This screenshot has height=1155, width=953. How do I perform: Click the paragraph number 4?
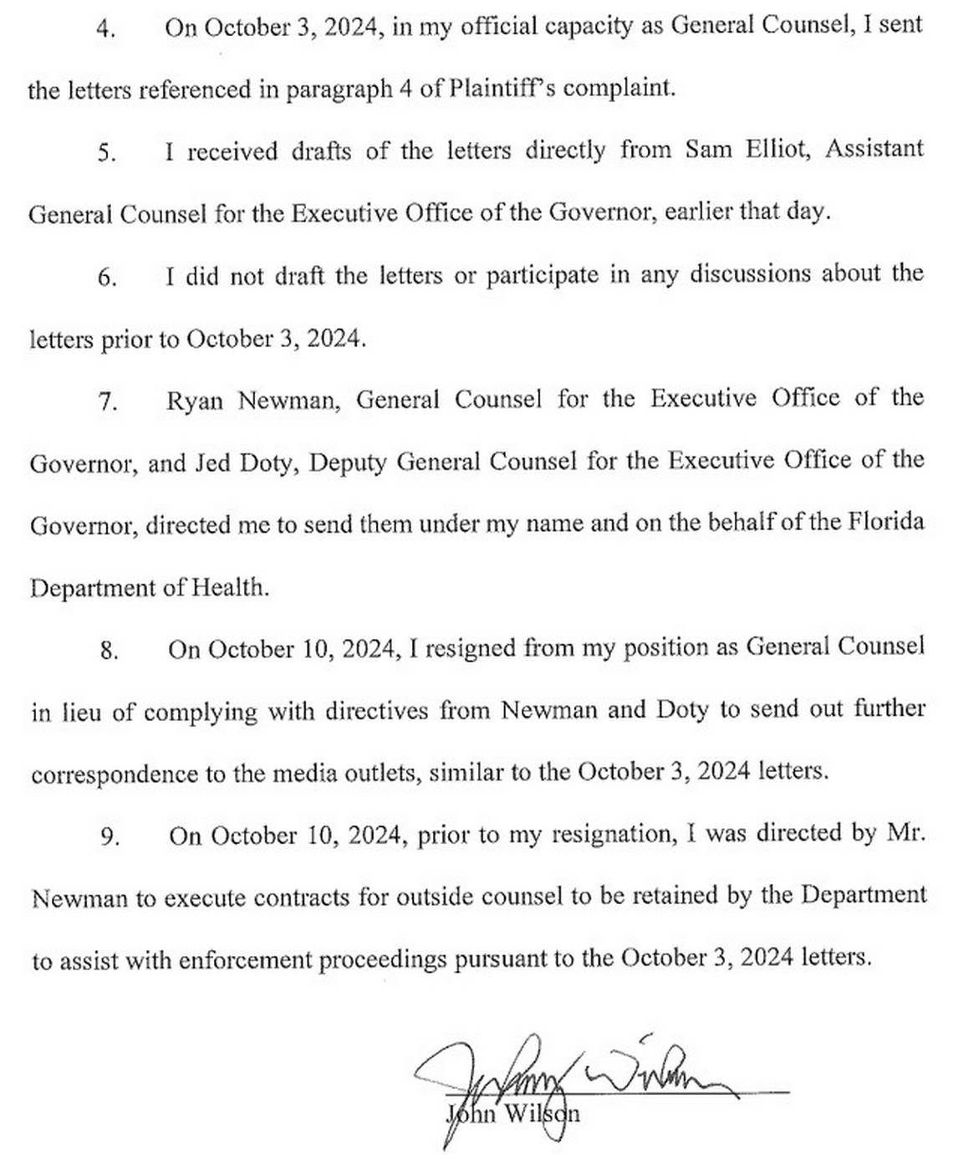105,28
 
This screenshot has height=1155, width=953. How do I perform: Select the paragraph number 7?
108,401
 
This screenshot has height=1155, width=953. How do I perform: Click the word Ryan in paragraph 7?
194,401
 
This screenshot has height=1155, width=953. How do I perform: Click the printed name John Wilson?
513,1114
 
